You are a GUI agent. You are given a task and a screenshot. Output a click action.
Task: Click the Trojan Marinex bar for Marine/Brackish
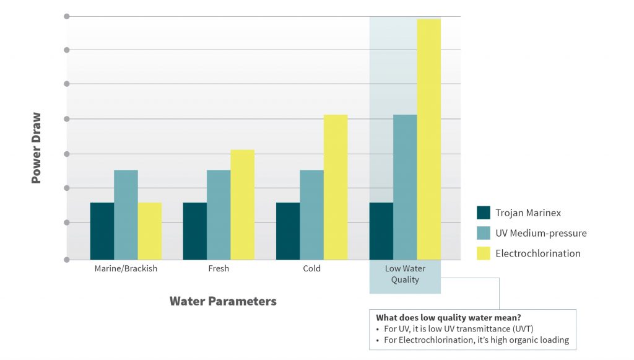[102, 231]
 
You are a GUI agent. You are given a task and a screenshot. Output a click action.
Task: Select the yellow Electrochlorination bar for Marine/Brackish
[150, 231]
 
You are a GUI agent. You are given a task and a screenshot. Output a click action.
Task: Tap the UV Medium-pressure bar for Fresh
[219, 215]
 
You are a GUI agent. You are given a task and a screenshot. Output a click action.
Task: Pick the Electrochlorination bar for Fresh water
[243, 204]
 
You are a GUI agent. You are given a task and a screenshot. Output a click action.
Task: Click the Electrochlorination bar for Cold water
[336, 187]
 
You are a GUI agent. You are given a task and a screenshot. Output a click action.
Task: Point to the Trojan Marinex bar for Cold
[288, 231]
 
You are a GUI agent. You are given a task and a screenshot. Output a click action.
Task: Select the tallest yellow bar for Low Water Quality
[429, 139]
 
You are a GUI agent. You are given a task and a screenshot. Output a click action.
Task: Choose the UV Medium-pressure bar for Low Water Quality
[405, 187]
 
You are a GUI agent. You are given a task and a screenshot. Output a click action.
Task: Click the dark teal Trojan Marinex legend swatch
[484, 213]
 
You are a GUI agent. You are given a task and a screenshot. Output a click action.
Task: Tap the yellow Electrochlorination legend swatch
[484, 253]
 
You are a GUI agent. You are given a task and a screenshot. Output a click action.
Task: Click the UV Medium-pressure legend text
[541, 234]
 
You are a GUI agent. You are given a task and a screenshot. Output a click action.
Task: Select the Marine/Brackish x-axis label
[126, 268]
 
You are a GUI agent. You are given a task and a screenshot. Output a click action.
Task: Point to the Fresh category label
[219, 268]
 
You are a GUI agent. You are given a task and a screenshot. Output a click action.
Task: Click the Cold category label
[312, 268]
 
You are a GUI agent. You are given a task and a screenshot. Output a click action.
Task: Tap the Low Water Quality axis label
[405, 274]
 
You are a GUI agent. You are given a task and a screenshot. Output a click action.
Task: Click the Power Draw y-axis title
[36, 148]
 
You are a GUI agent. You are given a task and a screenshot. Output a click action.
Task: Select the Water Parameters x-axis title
[223, 301]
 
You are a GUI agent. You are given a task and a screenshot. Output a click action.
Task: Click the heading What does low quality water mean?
[448, 317]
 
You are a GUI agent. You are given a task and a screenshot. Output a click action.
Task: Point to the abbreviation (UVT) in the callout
[523, 329]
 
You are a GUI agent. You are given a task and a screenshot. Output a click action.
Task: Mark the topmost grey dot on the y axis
[67, 16]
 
